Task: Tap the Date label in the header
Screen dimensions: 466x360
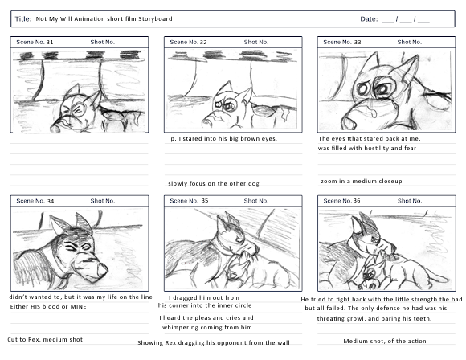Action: pyautogui.click(x=369, y=19)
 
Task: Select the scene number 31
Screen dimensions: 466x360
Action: pyautogui.click(x=50, y=42)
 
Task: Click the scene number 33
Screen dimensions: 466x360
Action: pyautogui.click(x=358, y=42)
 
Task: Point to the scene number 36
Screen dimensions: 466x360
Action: pyautogui.click(x=357, y=201)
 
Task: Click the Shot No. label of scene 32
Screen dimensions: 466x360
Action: pyautogui.click(x=256, y=42)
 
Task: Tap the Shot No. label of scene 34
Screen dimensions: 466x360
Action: pyautogui.click(x=103, y=201)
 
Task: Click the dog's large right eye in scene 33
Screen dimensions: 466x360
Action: pyautogui.click(x=384, y=86)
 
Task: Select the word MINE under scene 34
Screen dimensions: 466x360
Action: pyautogui.click(x=78, y=306)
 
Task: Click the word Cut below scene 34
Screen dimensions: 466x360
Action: pyautogui.click(x=13, y=339)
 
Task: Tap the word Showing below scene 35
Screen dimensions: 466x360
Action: pyautogui.click(x=150, y=343)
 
